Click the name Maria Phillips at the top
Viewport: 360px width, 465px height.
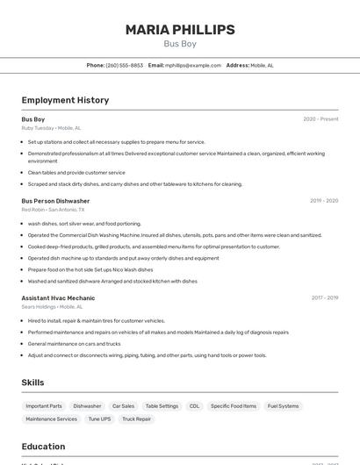click(180, 30)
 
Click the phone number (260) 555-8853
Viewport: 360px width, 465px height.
click(124, 65)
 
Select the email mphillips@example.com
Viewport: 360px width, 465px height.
click(193, 65)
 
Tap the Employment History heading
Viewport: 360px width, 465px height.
click(65, 100)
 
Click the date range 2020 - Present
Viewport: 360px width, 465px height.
click(320, 119)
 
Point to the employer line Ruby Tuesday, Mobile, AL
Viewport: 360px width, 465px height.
click(51, 128)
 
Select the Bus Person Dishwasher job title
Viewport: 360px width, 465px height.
click(55, 201)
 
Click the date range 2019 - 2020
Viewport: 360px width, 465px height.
click(323, 201)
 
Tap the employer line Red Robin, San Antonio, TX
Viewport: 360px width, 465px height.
click(53, 210)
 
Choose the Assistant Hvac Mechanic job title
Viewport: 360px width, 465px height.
click(58, 298)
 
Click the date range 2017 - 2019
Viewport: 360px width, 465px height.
click(324, 298)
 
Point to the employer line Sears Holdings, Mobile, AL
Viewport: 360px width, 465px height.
click(52, 307)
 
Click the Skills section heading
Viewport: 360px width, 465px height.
click(32, 383)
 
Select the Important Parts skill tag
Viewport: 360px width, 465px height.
click(44, 406)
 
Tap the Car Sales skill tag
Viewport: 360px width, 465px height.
click(123, 406)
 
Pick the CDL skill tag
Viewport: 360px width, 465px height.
click(194, 406)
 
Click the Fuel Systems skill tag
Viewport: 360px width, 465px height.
click(283, 406)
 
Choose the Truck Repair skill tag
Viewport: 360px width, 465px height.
click(136, 419)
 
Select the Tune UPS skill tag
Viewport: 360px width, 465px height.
click(99, 419)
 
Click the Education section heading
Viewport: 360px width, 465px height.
click(43, 446)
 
